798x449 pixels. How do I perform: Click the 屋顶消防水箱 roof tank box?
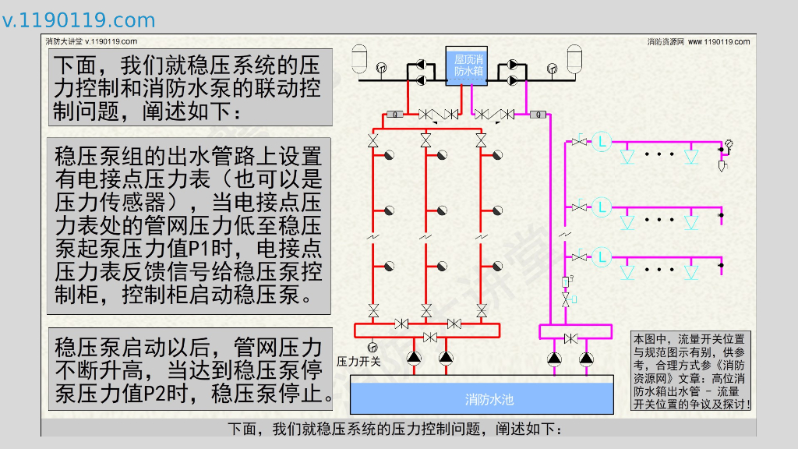[469, 66]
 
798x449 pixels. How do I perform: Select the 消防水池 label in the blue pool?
[489, 400]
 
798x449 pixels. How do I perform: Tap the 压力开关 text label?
[358, 361]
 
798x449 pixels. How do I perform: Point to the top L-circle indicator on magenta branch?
[602, 142]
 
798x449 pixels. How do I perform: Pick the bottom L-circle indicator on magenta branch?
[602, 256]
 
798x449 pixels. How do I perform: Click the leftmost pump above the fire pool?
[413, 358]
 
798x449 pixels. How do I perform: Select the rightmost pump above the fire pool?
[586, 358]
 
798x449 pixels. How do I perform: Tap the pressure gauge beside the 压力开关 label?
[372, 348]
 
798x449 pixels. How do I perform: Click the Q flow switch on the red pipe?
[395, 115]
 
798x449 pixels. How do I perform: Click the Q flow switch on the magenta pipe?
[536, 115]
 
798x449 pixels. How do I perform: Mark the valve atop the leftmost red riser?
[373, 141]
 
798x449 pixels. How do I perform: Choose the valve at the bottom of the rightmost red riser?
[481, 309]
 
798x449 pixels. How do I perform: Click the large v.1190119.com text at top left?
[79, 20]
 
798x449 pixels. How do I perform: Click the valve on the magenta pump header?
[570, 338]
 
